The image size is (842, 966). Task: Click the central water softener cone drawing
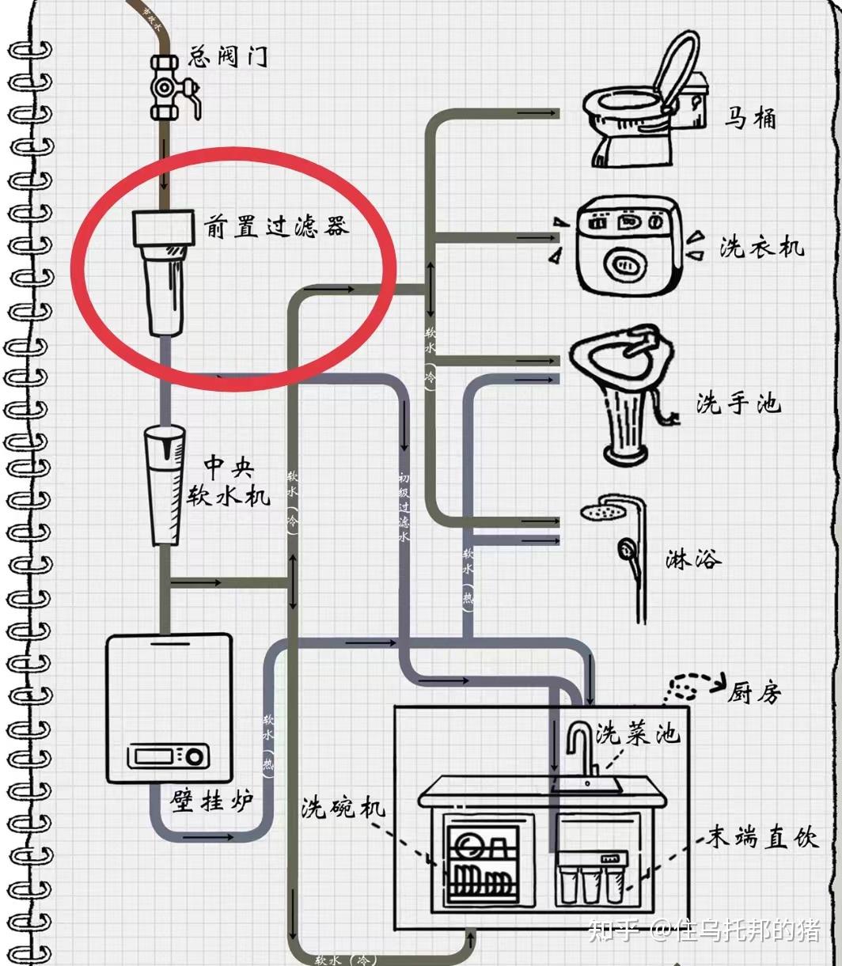click(164, 483)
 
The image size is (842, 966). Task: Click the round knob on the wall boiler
click(193, 757)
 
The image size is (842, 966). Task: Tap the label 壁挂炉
click(211, 801)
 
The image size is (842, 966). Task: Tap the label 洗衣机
click(761, 246)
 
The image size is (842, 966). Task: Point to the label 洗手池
click(738, 403)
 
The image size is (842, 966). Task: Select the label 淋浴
click(693, 559)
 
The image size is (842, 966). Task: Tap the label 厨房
click(755, 692)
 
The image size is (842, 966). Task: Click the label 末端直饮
click(761, 838)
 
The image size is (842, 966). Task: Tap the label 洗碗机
click(343, 808)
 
